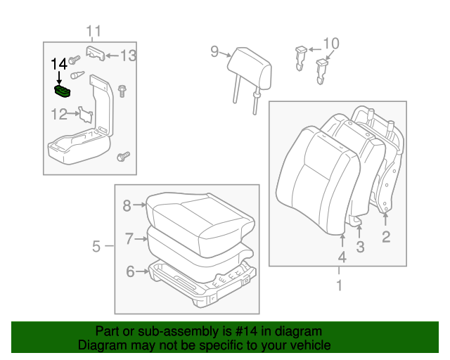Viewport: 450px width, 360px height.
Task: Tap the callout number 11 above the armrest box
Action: tap(94, 30)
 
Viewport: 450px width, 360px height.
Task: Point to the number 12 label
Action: tap(59, 113)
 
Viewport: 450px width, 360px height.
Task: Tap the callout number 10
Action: tap(330, 43)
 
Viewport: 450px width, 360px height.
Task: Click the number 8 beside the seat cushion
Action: tap(127, 205)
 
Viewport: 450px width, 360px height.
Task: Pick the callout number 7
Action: tap(129, 239)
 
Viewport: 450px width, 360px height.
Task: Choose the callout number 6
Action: tap(130, 271)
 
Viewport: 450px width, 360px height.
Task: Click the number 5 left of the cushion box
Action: tap(96, 246)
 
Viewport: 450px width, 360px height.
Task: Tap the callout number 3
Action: tap(360, 246)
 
